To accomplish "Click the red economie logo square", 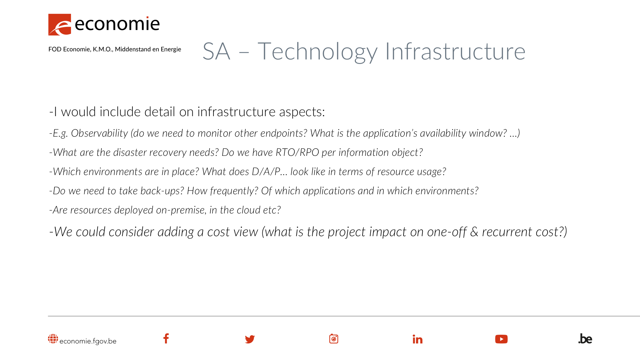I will click(60, 24).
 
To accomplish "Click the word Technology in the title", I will click(317, 52).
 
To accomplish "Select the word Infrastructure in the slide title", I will click(455, 52).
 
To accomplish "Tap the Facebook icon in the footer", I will click(166, 339).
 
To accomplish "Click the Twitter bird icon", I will click(250, 339).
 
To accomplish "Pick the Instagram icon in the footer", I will click(333, 339).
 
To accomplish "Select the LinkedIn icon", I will click(417, 339).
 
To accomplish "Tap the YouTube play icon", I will click(501, 339).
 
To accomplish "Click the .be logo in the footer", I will click(585, 339).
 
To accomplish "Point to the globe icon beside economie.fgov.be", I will click(53, 339).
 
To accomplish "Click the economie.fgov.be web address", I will click(88, 341).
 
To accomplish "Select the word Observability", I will click(99, 133).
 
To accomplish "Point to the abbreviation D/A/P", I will click(266, 172).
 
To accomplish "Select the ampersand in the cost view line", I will click(474, 232).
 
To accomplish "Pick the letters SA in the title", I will click(216, 52).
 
